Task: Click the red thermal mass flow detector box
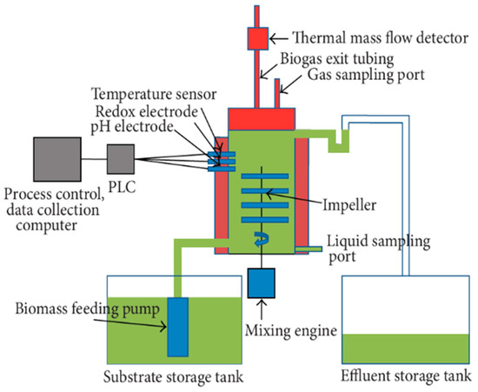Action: point(258,39)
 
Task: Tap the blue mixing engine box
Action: point(262,282)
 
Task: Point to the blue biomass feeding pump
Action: point(179,325)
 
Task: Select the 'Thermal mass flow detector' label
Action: point(366,38)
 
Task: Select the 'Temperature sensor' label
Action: point(153,96)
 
